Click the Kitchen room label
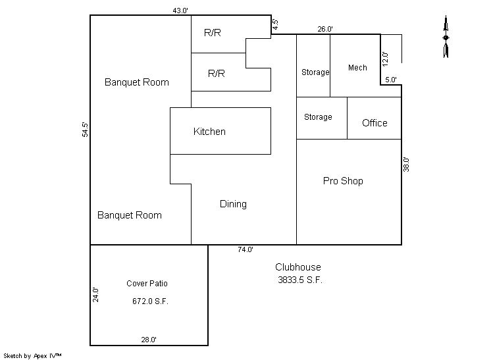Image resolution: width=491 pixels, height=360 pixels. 209,132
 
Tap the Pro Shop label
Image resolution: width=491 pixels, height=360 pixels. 343,181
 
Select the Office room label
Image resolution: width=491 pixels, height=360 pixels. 375,122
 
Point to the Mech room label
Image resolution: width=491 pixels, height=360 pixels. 357,68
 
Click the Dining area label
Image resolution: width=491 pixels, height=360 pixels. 233,204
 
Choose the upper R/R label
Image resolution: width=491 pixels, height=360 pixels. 213,32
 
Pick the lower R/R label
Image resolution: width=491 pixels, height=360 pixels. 217,74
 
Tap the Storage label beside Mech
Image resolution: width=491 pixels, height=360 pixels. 315,72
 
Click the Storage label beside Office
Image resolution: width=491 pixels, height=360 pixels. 318,117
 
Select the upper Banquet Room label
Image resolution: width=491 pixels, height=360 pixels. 136,82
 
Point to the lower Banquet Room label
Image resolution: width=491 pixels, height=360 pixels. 129,215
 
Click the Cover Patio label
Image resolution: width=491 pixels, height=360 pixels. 147,283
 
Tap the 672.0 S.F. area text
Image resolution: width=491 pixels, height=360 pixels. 150,301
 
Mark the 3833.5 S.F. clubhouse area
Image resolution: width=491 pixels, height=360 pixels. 300,280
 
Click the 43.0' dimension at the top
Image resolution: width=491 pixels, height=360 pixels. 180,11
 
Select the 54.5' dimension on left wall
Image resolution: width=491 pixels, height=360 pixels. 85,130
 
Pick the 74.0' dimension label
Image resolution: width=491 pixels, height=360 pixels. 245,249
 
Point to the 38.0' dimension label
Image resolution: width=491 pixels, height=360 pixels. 406,165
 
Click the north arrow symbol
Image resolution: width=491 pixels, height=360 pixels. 446,37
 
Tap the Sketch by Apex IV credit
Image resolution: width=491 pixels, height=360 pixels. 32,355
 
